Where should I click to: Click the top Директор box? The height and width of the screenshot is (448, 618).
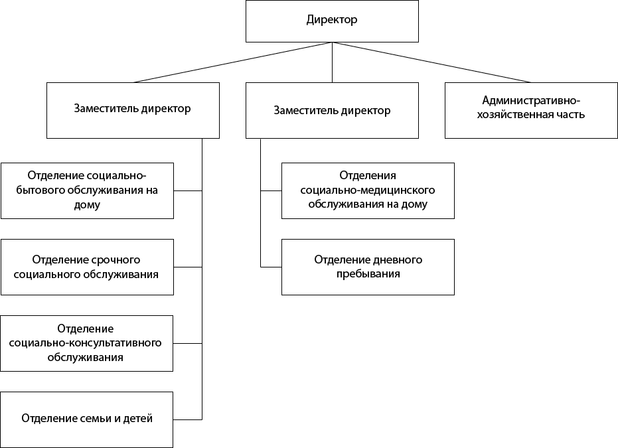pos(332,21)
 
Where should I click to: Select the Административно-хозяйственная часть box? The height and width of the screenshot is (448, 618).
pos(531,110)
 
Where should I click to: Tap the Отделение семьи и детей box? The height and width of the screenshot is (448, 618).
pos(87,419)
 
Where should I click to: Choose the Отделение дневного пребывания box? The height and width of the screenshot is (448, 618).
pos(368,267)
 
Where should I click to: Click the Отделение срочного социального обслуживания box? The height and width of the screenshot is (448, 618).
pos(87,267)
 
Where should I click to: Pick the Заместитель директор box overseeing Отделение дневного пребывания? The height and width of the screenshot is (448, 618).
pos(332,110)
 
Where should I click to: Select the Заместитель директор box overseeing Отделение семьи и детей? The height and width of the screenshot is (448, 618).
pos(133,110)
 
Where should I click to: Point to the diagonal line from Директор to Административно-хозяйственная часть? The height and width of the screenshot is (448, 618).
pos(431,62)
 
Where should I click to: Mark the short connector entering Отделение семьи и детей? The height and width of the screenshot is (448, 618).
pos(188,419)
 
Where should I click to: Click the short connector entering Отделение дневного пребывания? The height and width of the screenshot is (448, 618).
pos(271,267)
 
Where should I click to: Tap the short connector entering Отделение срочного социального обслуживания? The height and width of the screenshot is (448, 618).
pos(188,267)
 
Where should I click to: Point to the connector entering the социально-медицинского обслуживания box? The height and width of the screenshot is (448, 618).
pos(271,190)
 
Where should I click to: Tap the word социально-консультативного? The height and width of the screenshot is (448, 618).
pos(87,343)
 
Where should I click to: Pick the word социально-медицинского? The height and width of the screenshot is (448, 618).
pos(368,190)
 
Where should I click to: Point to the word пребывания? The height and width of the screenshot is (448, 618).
pos(368,273)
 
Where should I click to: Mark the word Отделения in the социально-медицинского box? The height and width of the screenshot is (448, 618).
pos(368,176)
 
